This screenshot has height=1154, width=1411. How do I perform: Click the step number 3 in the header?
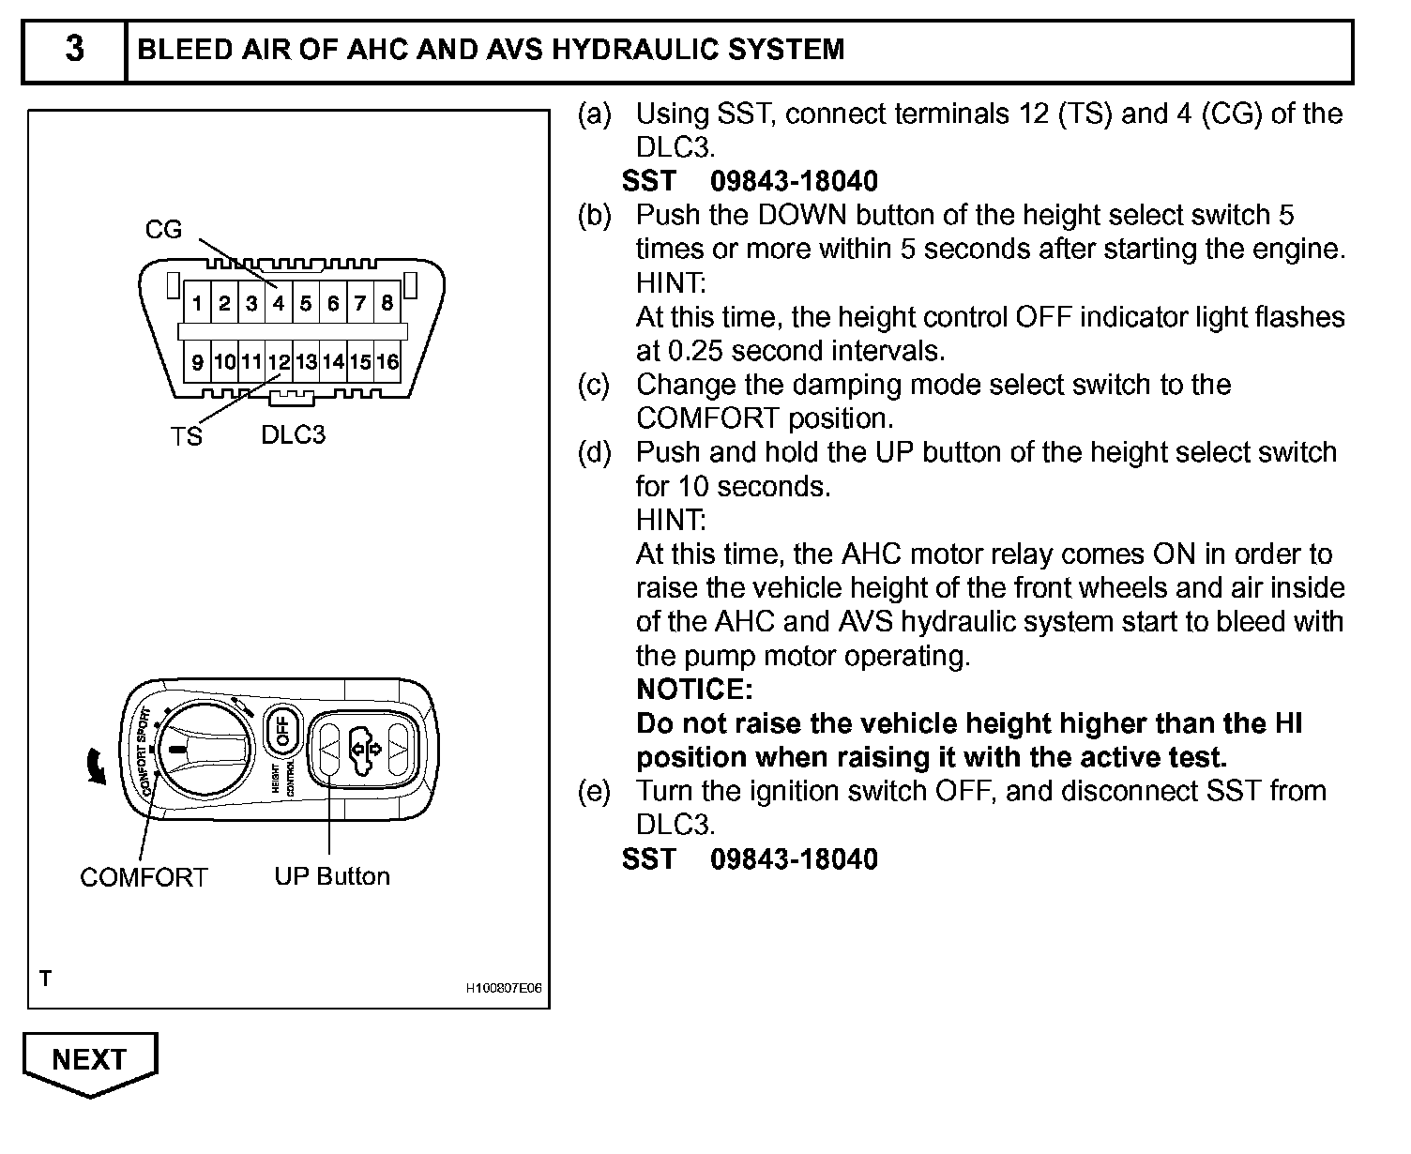point(74,49)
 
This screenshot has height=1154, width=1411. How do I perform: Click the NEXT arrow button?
point(90,1061)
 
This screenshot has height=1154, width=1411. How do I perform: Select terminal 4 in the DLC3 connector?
point(279,303)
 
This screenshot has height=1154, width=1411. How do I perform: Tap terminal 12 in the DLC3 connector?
point(279,362)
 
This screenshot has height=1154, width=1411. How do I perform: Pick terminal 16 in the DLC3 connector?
point(387,362)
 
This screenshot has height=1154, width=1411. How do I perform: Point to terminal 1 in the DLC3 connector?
point(197,303)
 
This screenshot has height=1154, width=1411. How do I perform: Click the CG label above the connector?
point(163,230)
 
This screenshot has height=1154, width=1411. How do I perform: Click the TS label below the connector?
point(186,437)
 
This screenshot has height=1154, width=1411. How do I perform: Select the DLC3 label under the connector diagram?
point(293,435)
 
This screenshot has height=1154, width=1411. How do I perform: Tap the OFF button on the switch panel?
point(281,731)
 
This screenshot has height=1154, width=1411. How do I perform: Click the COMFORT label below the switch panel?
point(144,877)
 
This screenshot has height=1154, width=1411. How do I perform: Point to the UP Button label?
point(332,876)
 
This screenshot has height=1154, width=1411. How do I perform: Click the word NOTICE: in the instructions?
point(694,690)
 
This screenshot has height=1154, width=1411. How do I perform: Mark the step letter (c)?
point(594,385)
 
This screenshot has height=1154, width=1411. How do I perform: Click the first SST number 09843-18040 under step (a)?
point(794,181)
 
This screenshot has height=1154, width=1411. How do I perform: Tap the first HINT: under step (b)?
point(671,282)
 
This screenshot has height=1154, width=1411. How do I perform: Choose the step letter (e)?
point(594,791)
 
